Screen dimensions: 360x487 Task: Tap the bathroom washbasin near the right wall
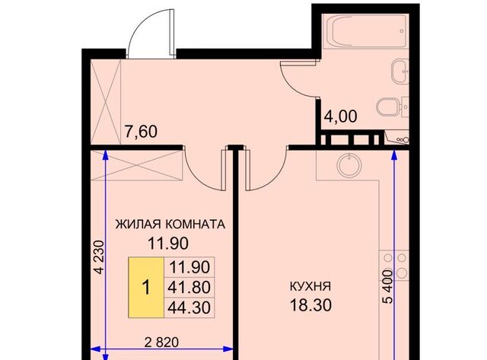click(398, 74)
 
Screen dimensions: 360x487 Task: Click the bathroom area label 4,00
click(341, 118)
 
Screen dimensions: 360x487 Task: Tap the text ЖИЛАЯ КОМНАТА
click(170, 225)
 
